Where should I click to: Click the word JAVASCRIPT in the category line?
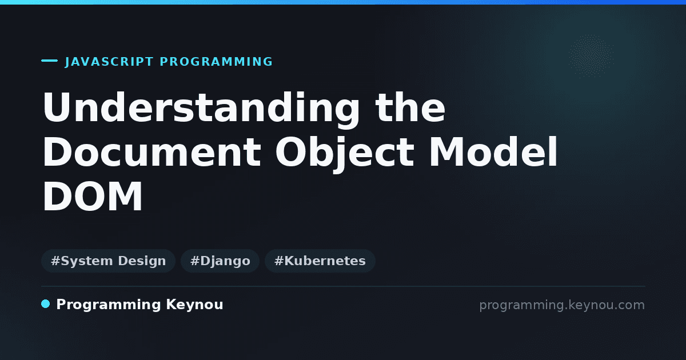[x=109, y=62]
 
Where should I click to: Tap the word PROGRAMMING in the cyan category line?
[x=216, y=62]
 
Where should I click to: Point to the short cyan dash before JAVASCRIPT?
[x=49, y=61]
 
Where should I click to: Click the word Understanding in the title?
[x=201, y=110]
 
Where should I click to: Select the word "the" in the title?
[x=410, y=107]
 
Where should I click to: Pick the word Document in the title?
[x=152, y=152]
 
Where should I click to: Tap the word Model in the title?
[x=493, y=151]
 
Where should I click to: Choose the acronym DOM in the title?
[x=93, y=196]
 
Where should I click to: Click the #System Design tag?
[x=109, y=261]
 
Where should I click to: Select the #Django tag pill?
[x=220, y=261]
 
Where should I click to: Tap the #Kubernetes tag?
[x=320, y=261]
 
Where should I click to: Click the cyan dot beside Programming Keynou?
[x=46, y=304]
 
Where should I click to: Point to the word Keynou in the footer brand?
[x=194, y=305]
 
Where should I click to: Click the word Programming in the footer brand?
[x=109, y=305]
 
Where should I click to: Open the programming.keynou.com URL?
[x=562, y=305]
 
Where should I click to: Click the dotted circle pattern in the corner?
[x=591, y=56]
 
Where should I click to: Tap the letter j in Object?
[x=339, y=155]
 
